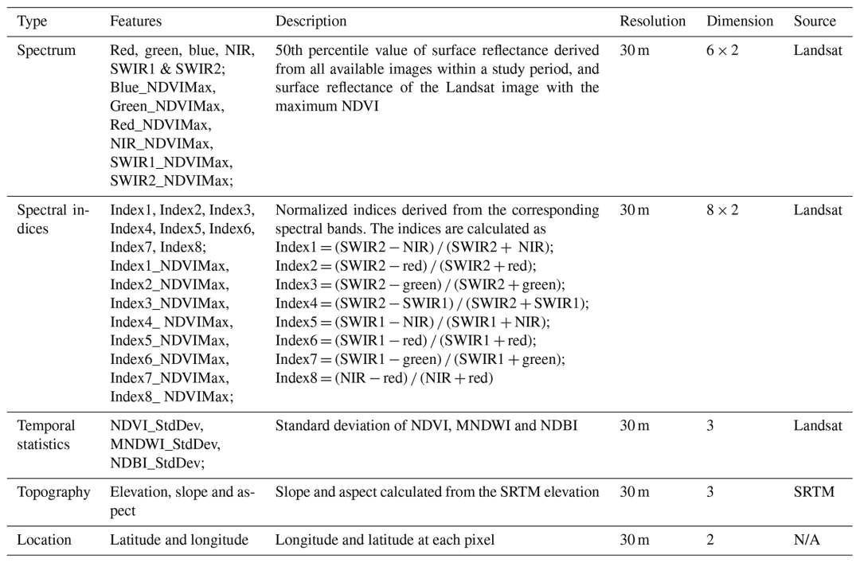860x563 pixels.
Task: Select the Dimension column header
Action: (739, 21)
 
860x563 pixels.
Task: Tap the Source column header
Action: (815, 21)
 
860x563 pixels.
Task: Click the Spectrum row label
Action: (47, 50)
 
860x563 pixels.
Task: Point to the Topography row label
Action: (53, 492)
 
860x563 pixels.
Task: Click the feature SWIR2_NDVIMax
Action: (171, 181)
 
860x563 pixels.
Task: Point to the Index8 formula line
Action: (385, 377)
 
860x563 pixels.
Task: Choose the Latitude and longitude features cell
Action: (179, 539)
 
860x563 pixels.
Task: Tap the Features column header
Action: (135, 21)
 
